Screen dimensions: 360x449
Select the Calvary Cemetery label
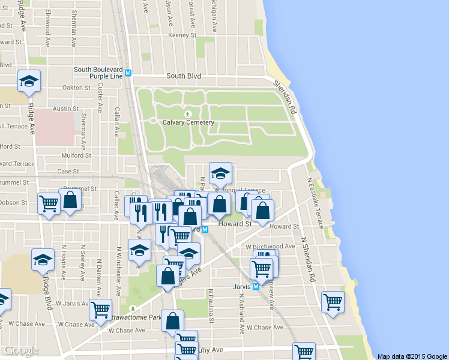click(188, 122)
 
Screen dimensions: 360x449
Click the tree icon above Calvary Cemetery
click(188, 113)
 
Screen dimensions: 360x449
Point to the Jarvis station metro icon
click(256, 287)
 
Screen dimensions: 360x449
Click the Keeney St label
click(179, 35)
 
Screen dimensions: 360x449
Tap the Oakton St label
click(76, 87)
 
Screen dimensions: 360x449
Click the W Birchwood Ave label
click(270, 246)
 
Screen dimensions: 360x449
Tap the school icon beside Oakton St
click(28, 82)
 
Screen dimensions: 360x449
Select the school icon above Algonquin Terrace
click(220, 173)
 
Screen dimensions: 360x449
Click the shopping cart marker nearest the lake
click(332, 302)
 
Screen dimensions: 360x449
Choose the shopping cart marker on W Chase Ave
click(100, 310)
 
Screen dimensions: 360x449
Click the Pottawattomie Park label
click(136, 317)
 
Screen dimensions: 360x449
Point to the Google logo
click(20, 350)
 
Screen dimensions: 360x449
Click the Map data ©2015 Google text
click(412, 356)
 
